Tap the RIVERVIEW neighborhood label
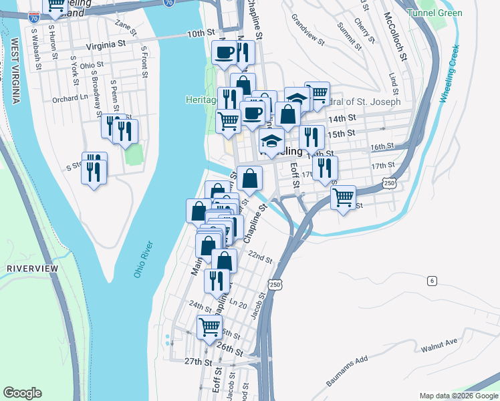[32, 268]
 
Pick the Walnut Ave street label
[439, 345]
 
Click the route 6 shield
[432, 281]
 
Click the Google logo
[22, 393]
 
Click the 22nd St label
[260, 258]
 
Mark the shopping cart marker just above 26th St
[209, 327]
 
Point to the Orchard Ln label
[70, 97]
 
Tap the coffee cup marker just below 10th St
[225, 51]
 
